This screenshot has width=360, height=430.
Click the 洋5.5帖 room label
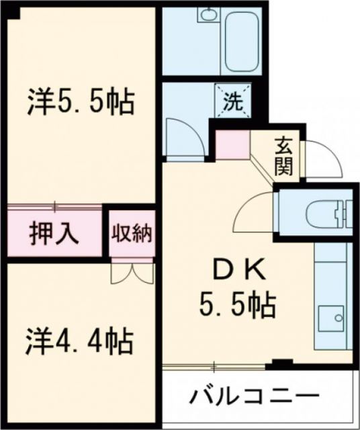pyautogui.click(x=81, y=103)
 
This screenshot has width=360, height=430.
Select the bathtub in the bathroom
pyautogui.click(x=242, y=41)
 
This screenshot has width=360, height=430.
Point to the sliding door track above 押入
pyautogui.click(x=55, y=205)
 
